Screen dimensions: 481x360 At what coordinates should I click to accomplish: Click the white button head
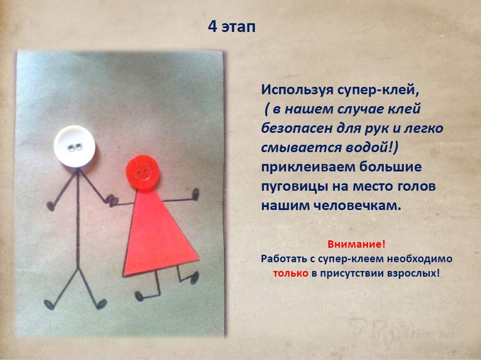pos(75,146)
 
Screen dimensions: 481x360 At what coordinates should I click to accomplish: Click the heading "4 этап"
pos(232,27)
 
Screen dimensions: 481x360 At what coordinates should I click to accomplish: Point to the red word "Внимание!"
pos(356,244)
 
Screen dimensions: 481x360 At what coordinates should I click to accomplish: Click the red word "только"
pos(291,273)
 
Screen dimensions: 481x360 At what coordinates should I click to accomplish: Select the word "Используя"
pos(298,90)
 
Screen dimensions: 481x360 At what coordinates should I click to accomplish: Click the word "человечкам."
pos(357,206)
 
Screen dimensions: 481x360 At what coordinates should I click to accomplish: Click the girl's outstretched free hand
pos(195,195)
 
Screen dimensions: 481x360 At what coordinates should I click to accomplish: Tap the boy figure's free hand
pos(50,206)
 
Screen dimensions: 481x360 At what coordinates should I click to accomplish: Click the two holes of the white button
pos(75,147)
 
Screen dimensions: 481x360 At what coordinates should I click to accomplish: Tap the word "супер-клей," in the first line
pos(378,90)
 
